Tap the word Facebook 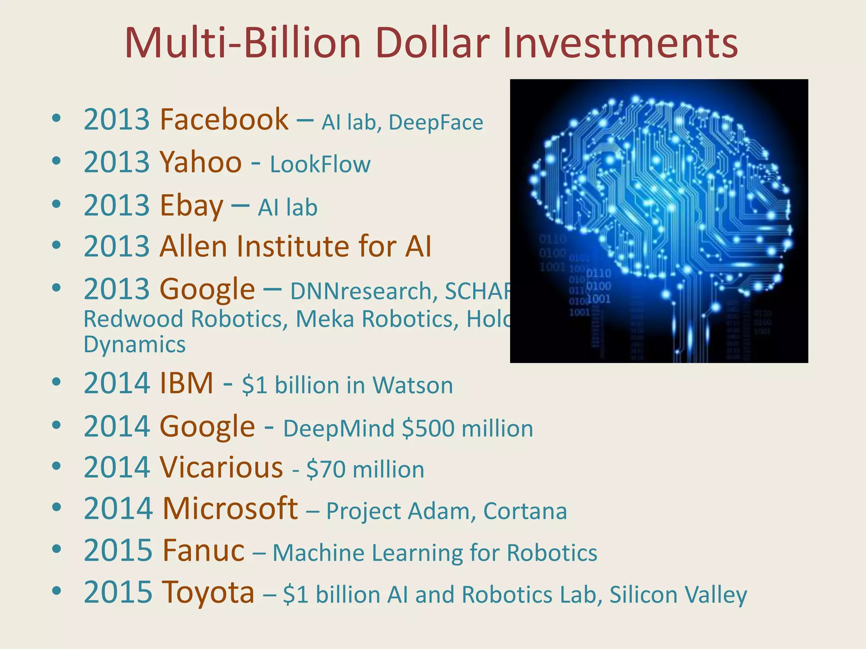coord(224,120)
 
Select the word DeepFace coord(436,123)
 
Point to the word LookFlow coord(320,164)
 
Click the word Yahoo coord(200,162)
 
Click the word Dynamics coord(134,345)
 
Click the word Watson coord(412,385)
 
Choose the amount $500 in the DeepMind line coord(428,428)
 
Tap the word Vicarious coord(221,468)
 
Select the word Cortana coord(525,511)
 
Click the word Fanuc coord(203,551)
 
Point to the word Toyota coord(208,593)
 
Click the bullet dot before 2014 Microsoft coord(56,507)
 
